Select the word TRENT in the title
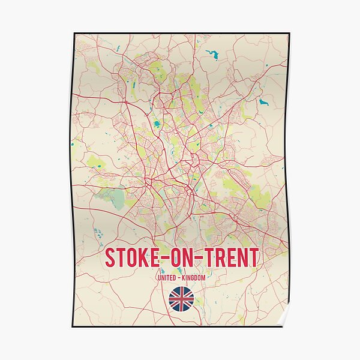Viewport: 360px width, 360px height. coord(230,258)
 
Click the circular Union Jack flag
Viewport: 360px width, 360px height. coord(181,299)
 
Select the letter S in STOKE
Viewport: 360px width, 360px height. coord(110,258)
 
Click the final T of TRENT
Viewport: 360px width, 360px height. coord(254,258)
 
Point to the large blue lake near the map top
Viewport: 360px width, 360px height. coord(212,56)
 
